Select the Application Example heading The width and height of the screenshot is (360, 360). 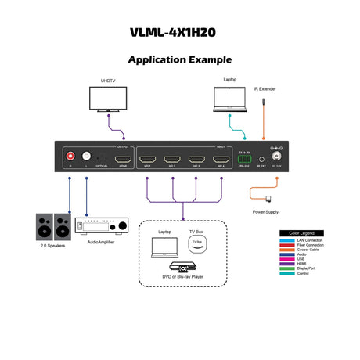180,59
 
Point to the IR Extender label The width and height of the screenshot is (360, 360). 265,89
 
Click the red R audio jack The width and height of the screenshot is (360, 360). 70,156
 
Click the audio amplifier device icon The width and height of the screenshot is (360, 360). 100,227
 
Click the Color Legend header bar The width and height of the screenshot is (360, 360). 301,232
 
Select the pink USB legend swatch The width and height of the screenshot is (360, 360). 288,258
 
